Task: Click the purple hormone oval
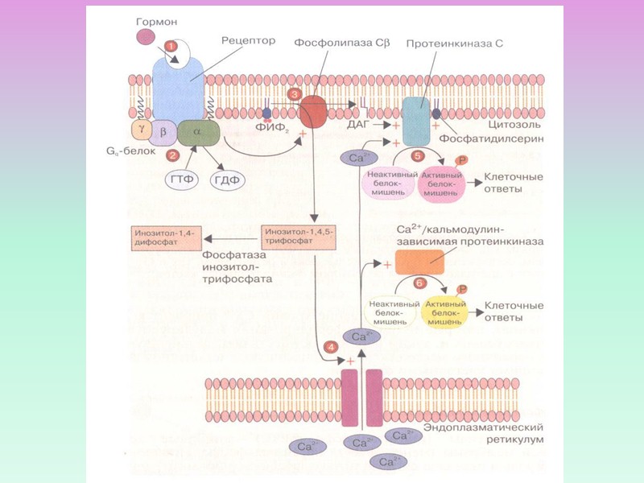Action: [146, 36]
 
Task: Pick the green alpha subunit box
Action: [192, 131]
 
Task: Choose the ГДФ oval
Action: [229, 178]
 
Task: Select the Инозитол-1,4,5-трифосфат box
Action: [291, 237]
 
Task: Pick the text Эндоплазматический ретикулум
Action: [491, 434]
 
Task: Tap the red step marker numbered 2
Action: [171, 154]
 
